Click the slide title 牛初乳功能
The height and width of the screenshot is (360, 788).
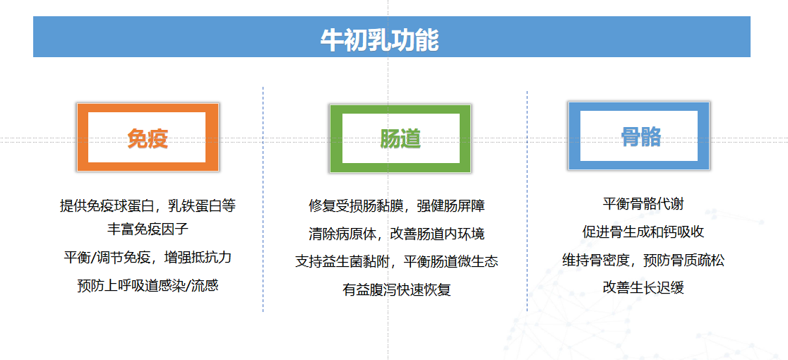pyautogui.click(x=379, y=40)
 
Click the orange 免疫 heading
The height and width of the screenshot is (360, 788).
pyautogui.click(x=148, y=138)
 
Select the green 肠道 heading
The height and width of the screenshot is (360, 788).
pyautogui.click(x=400, y=138)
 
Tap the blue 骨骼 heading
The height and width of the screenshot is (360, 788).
pyautogui.click(x=640, y=136)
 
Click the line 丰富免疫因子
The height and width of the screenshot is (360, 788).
pyautogui.click(x=148, y=229)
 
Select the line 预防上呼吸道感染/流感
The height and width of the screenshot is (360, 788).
pyautogui.click(x=148, y=285)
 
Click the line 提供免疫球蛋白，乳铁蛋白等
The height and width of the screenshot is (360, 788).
pyautogui.click(x=148, y=205)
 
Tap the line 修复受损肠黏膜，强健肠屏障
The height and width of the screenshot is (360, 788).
pyautogui.click(x=397, y=205)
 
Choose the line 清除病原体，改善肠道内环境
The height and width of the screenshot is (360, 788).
pyautogui.click(x=397, y=234)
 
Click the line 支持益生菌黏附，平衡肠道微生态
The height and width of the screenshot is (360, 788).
pyautogui.click(x=397, y=262)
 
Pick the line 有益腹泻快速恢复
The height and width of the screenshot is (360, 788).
pyautogui.click(x=397, y=289)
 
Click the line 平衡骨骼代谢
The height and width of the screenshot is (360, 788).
pyautogui.click(x=643, y=204)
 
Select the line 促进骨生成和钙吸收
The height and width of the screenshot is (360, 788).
pyautogui.click(x=643, y=232)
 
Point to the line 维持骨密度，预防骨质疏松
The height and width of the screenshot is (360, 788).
pyautogui.click(x=643, y=260)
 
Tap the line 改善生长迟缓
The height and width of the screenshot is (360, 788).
pyautogui.click(x=643, y=287)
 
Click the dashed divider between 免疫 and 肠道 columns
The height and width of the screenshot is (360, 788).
pyautogui.click(x=263, y=199)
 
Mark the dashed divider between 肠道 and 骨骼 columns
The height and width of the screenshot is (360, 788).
pyautogui.click(x=527, y=201)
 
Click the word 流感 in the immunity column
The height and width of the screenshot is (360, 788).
pyautogui.click(x=205, y=285)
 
